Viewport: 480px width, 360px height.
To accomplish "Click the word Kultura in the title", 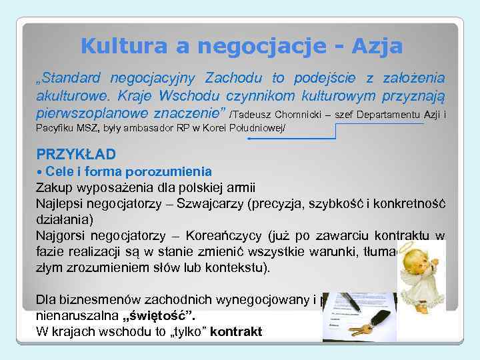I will (113, 47).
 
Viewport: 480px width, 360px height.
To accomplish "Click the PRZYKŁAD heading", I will (76, 155).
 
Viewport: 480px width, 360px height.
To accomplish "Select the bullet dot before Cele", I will (39, 172).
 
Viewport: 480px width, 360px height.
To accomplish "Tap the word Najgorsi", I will (60, 235).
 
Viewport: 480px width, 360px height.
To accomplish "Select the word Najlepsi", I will (59, 203).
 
